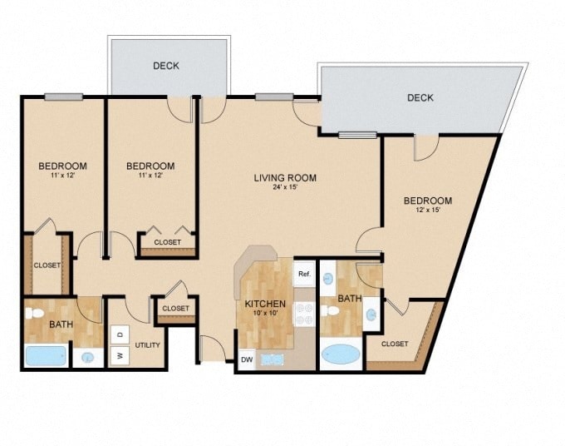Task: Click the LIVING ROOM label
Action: click(285, 177)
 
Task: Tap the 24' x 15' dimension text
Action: click(285, 187)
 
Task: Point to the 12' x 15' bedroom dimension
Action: click(428, 211)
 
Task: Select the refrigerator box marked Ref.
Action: click(304, 273)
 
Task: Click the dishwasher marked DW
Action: click(247, 359)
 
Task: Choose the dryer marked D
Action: click(119, 334)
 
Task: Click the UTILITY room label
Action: click(147, 344)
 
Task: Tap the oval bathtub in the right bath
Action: click(341, 353)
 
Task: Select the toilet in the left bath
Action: click(35, 315)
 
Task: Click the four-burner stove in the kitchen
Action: click(304, 313)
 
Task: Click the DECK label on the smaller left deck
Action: click(166, 66)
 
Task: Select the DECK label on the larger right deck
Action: click(420, 98)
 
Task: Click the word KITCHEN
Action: click(265, 304)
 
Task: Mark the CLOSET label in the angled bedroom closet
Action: click(395, 343)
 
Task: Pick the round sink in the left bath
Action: click(88, 358)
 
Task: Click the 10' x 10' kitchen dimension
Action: click(265, 314)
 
